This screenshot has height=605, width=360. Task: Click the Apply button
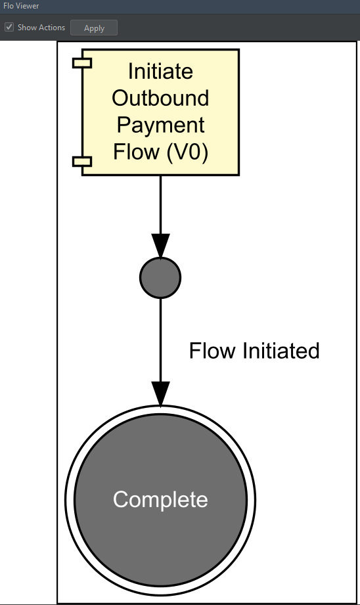click(x=94, y=28)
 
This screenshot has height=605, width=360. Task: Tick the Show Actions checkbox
click(x=9, y=28)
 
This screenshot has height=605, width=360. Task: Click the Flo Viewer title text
click(x=21, y=5)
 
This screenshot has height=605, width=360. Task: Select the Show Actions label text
click(x=41, y=28)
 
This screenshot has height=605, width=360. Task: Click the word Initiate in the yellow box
click(x=160, y=70)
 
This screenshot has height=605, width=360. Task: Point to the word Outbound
click(x=160, y=98)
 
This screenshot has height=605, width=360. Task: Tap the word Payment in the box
click(x=160, y=125)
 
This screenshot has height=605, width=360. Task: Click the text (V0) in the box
click(x=187, y=152)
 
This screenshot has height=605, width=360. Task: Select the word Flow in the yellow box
click(x=136, y=152)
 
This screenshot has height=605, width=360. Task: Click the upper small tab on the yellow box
click(x=82, y=63)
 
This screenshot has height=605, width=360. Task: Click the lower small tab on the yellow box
click(x=82, y=162)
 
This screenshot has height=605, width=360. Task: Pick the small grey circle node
click(x=160, y=278)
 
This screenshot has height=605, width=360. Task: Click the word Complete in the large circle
click(x=160, y=500)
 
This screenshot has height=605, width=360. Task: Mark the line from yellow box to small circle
click(x=160, y=204)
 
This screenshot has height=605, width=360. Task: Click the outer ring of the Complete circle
click(x=69, y=501)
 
